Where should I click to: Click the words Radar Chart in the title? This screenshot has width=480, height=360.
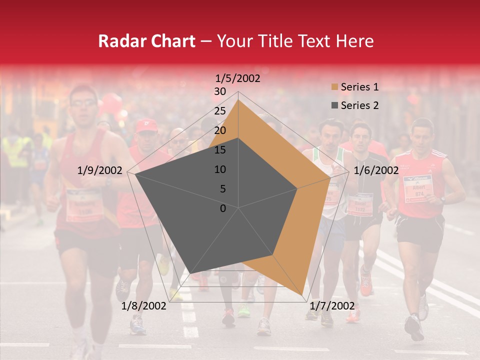point(146,41)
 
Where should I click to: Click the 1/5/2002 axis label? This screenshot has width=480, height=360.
point(237,78)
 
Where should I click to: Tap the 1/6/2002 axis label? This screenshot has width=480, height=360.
point(376,170)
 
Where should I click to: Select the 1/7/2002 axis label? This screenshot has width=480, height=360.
point(332,305)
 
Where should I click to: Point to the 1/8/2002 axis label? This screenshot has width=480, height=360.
point(144,305)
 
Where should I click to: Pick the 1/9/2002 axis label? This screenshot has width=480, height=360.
point(100,170)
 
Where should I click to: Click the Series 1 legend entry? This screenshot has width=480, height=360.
point(359,87)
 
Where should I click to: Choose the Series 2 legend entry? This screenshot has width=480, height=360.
point(359,105)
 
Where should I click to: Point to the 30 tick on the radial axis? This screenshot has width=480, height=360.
point(220,91)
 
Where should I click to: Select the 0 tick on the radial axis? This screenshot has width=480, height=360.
point(223,208)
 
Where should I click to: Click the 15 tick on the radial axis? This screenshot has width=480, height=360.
point(220,150)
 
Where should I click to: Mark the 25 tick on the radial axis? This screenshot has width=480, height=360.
point(220,111)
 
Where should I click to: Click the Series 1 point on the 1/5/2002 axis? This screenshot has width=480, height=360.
point(238,99)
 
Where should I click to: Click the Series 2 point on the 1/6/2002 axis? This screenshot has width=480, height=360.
point(297,188)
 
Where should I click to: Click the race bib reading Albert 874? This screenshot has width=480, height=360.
point(417,188)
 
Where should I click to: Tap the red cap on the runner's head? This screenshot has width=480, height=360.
point(146,125)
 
